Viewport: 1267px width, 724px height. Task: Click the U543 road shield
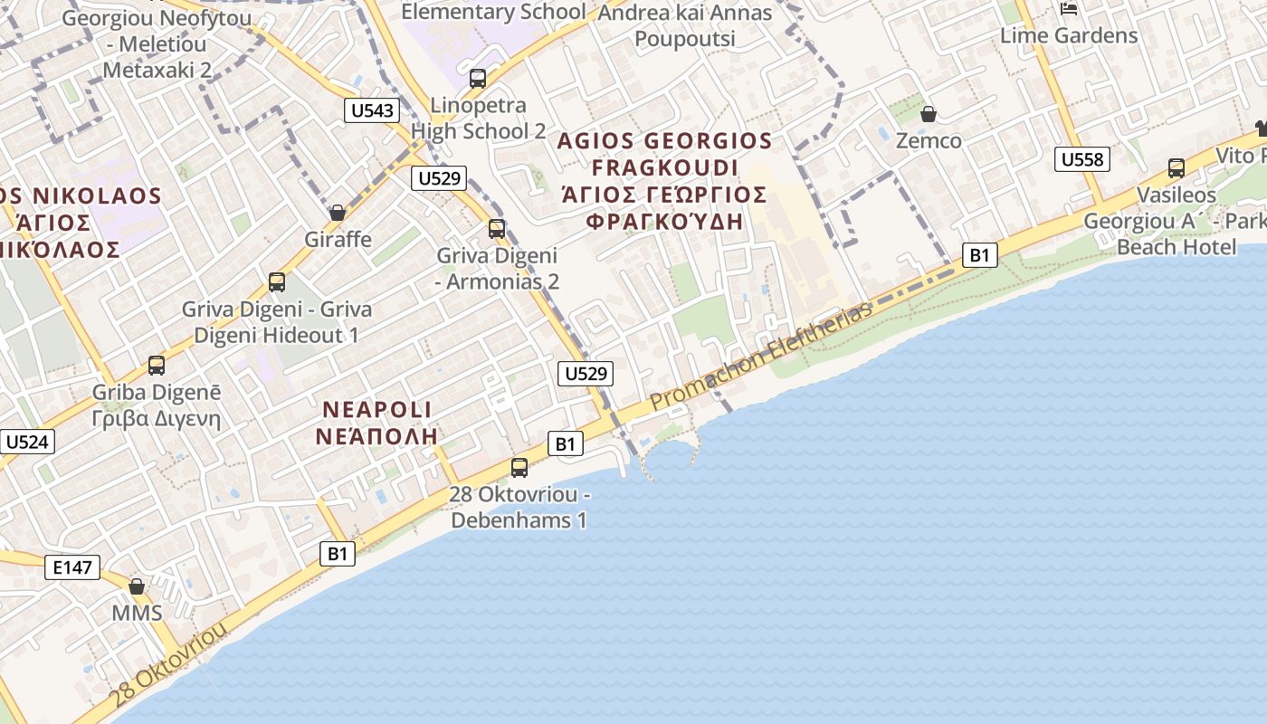pos(372,110)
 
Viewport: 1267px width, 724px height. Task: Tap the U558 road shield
pos(1081,160)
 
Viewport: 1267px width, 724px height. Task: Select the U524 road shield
pos(27,442)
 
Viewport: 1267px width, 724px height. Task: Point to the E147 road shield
pos(72,567)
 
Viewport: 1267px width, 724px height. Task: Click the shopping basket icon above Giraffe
pos(338,213)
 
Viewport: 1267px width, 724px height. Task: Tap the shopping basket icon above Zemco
pos(928,114)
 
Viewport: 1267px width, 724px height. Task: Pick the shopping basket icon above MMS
pos(137,586)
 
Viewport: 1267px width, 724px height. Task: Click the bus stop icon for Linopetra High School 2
pos(478,78)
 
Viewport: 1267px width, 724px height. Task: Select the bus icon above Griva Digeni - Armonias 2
pos(497,228)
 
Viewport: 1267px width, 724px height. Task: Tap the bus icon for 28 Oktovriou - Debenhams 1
pos(519,467)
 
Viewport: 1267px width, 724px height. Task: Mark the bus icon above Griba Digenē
pos(157,366)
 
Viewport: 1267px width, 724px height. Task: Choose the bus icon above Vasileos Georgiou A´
pos(1176,167)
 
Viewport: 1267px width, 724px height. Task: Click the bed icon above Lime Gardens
pos(1069,9)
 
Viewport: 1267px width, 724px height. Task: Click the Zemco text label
pos(929,141)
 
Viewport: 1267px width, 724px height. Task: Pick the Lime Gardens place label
pos(1069,36)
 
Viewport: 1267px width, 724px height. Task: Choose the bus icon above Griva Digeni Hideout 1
pos(277,281)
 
